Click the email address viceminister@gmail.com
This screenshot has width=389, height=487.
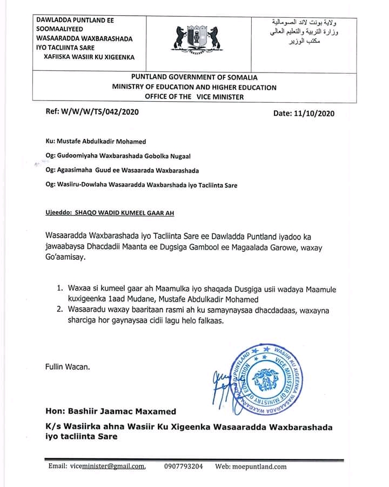coord(106,466)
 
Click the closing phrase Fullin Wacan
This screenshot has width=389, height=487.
coord(68,366)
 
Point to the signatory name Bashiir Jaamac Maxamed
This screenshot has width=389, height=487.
coord(110,412)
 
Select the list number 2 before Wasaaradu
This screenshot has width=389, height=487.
coord(61,311)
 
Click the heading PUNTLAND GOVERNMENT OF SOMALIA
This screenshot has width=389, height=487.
coord(194,77)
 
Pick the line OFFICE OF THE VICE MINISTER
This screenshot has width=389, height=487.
coord(194,96)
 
